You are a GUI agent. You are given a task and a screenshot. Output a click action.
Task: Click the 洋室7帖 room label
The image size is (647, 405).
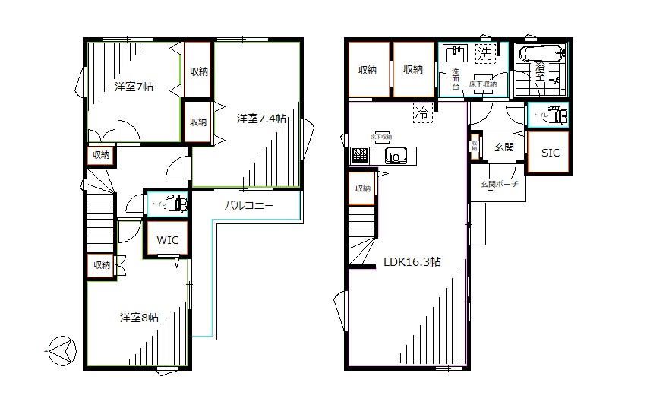pos(134,87)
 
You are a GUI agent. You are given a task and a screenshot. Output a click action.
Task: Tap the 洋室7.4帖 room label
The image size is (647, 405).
pos(260,119)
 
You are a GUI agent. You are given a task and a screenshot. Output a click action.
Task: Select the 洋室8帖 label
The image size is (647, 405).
pos(138,318)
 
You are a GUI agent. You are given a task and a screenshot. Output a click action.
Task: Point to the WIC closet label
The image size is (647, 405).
pos(168,240)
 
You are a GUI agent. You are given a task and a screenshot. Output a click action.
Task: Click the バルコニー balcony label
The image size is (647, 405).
pos(248,206)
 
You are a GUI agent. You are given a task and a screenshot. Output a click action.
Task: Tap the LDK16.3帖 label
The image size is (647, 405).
pos(412,261)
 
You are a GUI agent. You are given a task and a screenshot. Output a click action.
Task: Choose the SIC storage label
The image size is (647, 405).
pos(551,153)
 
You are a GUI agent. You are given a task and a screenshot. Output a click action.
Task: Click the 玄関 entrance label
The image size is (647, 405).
pos(504,147)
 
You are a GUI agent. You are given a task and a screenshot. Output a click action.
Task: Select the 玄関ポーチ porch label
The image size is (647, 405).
pos(498,184)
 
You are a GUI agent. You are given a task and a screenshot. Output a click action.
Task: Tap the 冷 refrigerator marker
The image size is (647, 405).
pos(421,112)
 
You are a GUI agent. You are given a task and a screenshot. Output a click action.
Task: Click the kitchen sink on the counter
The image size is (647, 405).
pos(396,157)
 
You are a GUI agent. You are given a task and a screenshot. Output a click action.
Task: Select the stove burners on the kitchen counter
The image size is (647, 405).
pos(358,157)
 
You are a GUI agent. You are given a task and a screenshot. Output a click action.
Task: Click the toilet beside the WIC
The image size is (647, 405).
pos(177,204)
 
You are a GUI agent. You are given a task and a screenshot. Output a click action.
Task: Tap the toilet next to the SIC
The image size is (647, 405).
pos(558,115)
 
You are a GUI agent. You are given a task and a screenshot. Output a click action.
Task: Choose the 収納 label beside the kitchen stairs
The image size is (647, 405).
pos(362,188)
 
